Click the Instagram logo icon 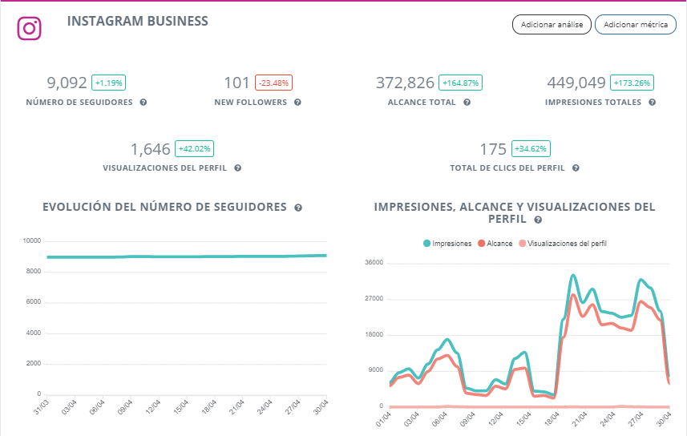pyautogui.click(x=29, y=29)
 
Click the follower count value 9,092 pyautogui.click(x=67, y=83)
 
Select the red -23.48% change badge pyautogui.click(x=273, y=83)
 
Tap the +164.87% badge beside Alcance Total pyautogui.click(x=460, y=83)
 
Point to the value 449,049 pyautogui.click(x=576, y=83)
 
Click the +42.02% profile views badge pyautogui.click(x=194, y=149)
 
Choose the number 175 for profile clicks pyautogui.click(x=493, y=149)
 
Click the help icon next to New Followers pyautogui.click(x=297, y=103)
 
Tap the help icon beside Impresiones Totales pyautogui.click(x=653, y=103)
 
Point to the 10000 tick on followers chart pyautogui.click(x=32, y=240)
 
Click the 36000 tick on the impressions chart pyautogui.click(x=374, y=263)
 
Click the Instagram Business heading pyautogui.click(x=138, y=21)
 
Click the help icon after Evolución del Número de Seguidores pyautogui.click(x=298, y=208)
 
